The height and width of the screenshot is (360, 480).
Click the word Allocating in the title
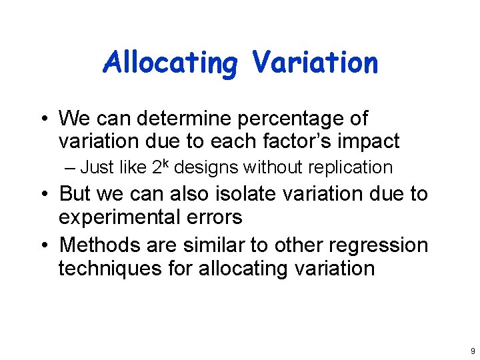click(x=170, y=63)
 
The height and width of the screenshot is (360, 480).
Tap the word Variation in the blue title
click(x=315, y=63)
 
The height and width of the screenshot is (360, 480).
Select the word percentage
click(x=277, y=119)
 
